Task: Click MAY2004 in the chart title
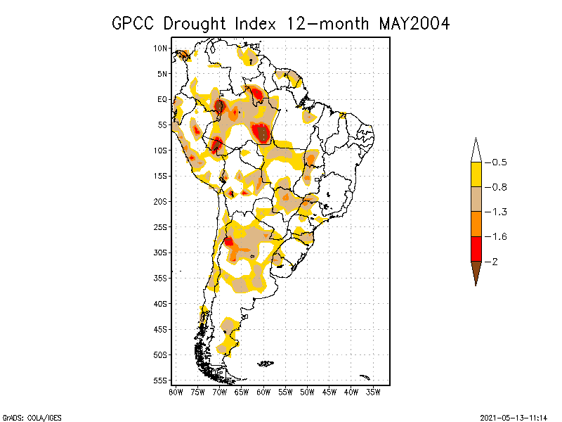[x=414, y=23]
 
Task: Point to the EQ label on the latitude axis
[x=162, y=100]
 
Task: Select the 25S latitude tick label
[x=160, y=227]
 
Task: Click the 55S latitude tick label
[x=160, y=381]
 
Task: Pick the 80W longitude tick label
[x=176, y=392]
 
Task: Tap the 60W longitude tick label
[x=263, y=392]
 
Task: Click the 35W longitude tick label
[x=373, y=392]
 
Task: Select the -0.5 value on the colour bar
[x=499, y=162]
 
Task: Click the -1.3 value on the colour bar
[x=499, y=212]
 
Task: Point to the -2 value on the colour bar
[x=495, y=262]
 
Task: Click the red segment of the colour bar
[x=476, y=249]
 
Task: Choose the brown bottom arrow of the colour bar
[x=476, y=272]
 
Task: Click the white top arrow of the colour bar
[x=476, y=150]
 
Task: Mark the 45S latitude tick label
[x=160, y=329]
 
